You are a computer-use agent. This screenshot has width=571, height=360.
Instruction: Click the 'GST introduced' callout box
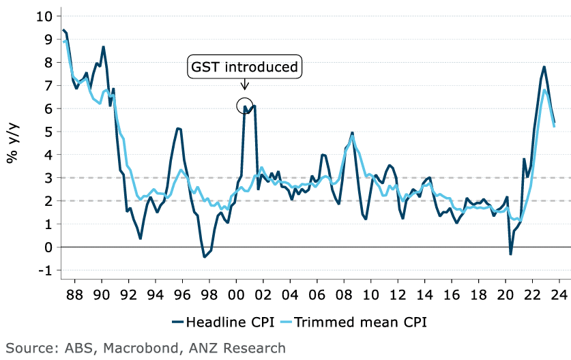[244, 67]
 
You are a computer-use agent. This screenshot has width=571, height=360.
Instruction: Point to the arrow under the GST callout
[244, 84]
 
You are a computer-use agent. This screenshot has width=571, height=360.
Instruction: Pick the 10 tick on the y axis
[45, 16]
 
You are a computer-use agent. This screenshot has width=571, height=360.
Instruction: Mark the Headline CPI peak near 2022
[544, 67]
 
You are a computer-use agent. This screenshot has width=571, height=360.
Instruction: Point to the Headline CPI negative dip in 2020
[511, 254]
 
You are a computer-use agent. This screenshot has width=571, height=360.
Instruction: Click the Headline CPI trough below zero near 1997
[204, 257]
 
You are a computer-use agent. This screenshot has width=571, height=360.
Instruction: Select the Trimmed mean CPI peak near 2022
[544, 90]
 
